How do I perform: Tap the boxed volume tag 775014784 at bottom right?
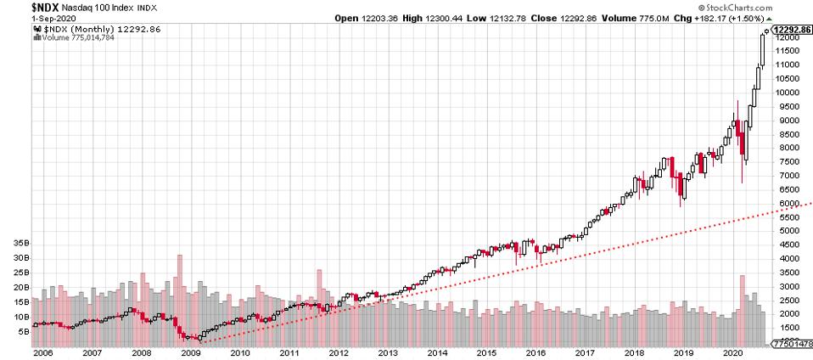pyautogui.click(x=791, y=343)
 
